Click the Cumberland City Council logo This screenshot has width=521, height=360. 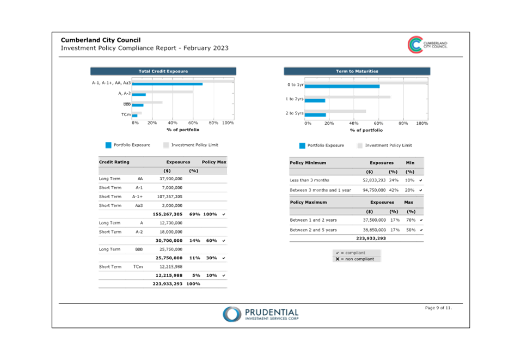pyautogui.click(x=427, y=45)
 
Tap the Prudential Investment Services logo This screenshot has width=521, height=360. pyautogui.click(x=260, y=314)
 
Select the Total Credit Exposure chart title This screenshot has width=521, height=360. pyautogui.click(x=163, y=71)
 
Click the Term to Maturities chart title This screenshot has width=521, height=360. pyautogui.click(x=357, y=71)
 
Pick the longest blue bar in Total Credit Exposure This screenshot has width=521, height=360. pyautogui.click(x=167, y=83)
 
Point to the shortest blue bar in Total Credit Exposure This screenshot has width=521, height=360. pyautogui.click(x=134, y=115)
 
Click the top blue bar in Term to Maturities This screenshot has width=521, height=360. pyautogui.click(x=342, y=87)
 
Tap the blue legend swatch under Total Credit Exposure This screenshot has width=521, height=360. pyautogui.click(x=108, y=145)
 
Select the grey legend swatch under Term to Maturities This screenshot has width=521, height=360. pyautogui.click(x=359, y=145)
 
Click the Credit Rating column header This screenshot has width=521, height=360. pyautogui.click(x=114, y=162)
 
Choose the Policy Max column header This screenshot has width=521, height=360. pyautogui.click(x=213, y=162)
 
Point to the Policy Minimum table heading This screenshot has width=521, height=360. pyautogui.click(x=308, y=163)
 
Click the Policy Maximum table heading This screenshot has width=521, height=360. pyautogui.click(x=309, y=202)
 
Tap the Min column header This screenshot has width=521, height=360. pyautogui.click(x=410, y=163)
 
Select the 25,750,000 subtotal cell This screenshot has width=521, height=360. pyautogui.click(x=169, y=258)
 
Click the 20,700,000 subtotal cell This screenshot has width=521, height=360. pyautogui.click(x=169, y=240)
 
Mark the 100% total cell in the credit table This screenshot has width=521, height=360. pyautogui.click(x=193, y=284)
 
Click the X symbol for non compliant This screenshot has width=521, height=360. pyautogui.click(x=338, y=259)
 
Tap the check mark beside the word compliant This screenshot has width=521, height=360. pyautogui.click(x=338, y=253)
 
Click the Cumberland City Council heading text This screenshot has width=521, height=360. pyautogui.click(x=101, y=40)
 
